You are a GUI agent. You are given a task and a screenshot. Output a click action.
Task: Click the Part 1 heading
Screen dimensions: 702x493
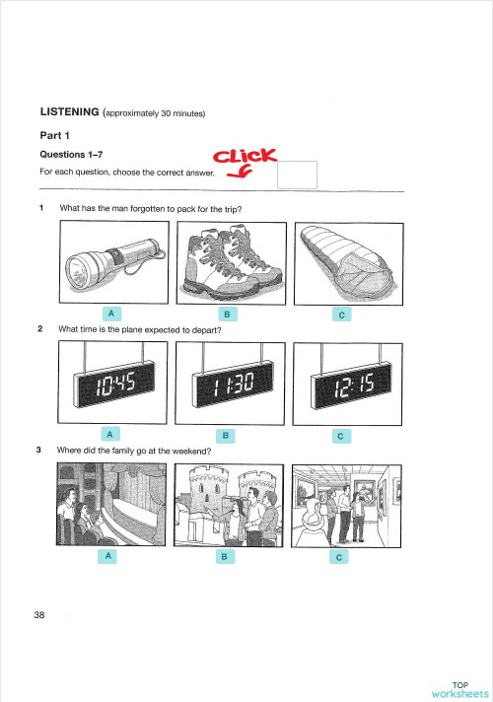pos(54,136)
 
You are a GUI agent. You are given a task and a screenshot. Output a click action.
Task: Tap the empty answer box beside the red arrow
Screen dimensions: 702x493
pos(297,175)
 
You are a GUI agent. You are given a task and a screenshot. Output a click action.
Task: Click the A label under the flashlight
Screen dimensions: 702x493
pos(112,314)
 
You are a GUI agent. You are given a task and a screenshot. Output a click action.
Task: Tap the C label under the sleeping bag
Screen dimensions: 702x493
pos(340,315)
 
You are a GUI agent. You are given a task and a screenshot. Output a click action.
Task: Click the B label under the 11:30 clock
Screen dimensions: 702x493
pos(226,434)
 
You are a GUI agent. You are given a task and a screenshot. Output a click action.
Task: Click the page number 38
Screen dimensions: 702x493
pos(38,615)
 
